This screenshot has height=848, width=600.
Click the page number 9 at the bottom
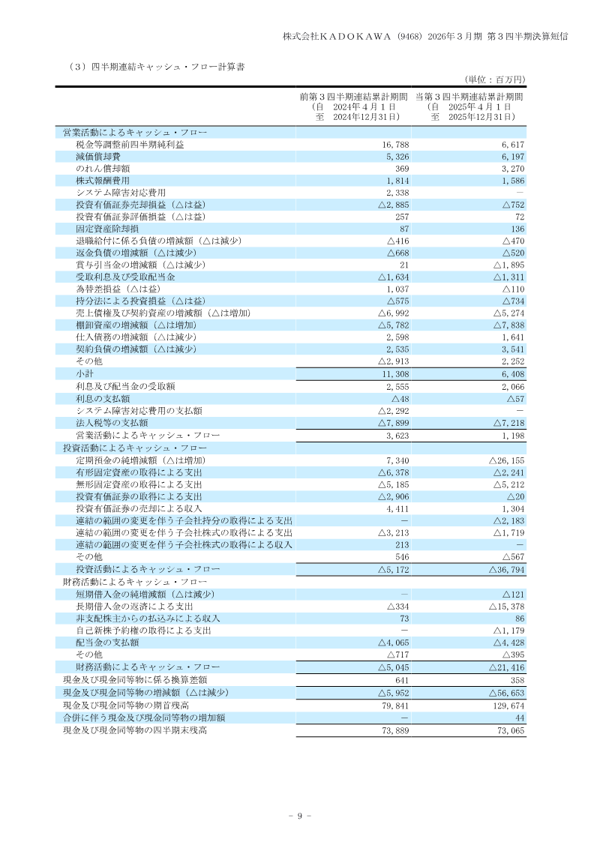pos(299,816)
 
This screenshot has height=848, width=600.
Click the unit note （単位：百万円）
pos(495,79)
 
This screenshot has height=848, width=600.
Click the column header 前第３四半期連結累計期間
pos(352,97)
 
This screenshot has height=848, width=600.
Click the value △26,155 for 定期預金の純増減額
pos(505,460)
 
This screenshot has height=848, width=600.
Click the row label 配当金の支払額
pos(106,643)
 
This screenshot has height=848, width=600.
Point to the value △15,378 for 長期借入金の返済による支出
pos(505,606)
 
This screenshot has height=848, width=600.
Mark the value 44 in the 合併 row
pos(518,718)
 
